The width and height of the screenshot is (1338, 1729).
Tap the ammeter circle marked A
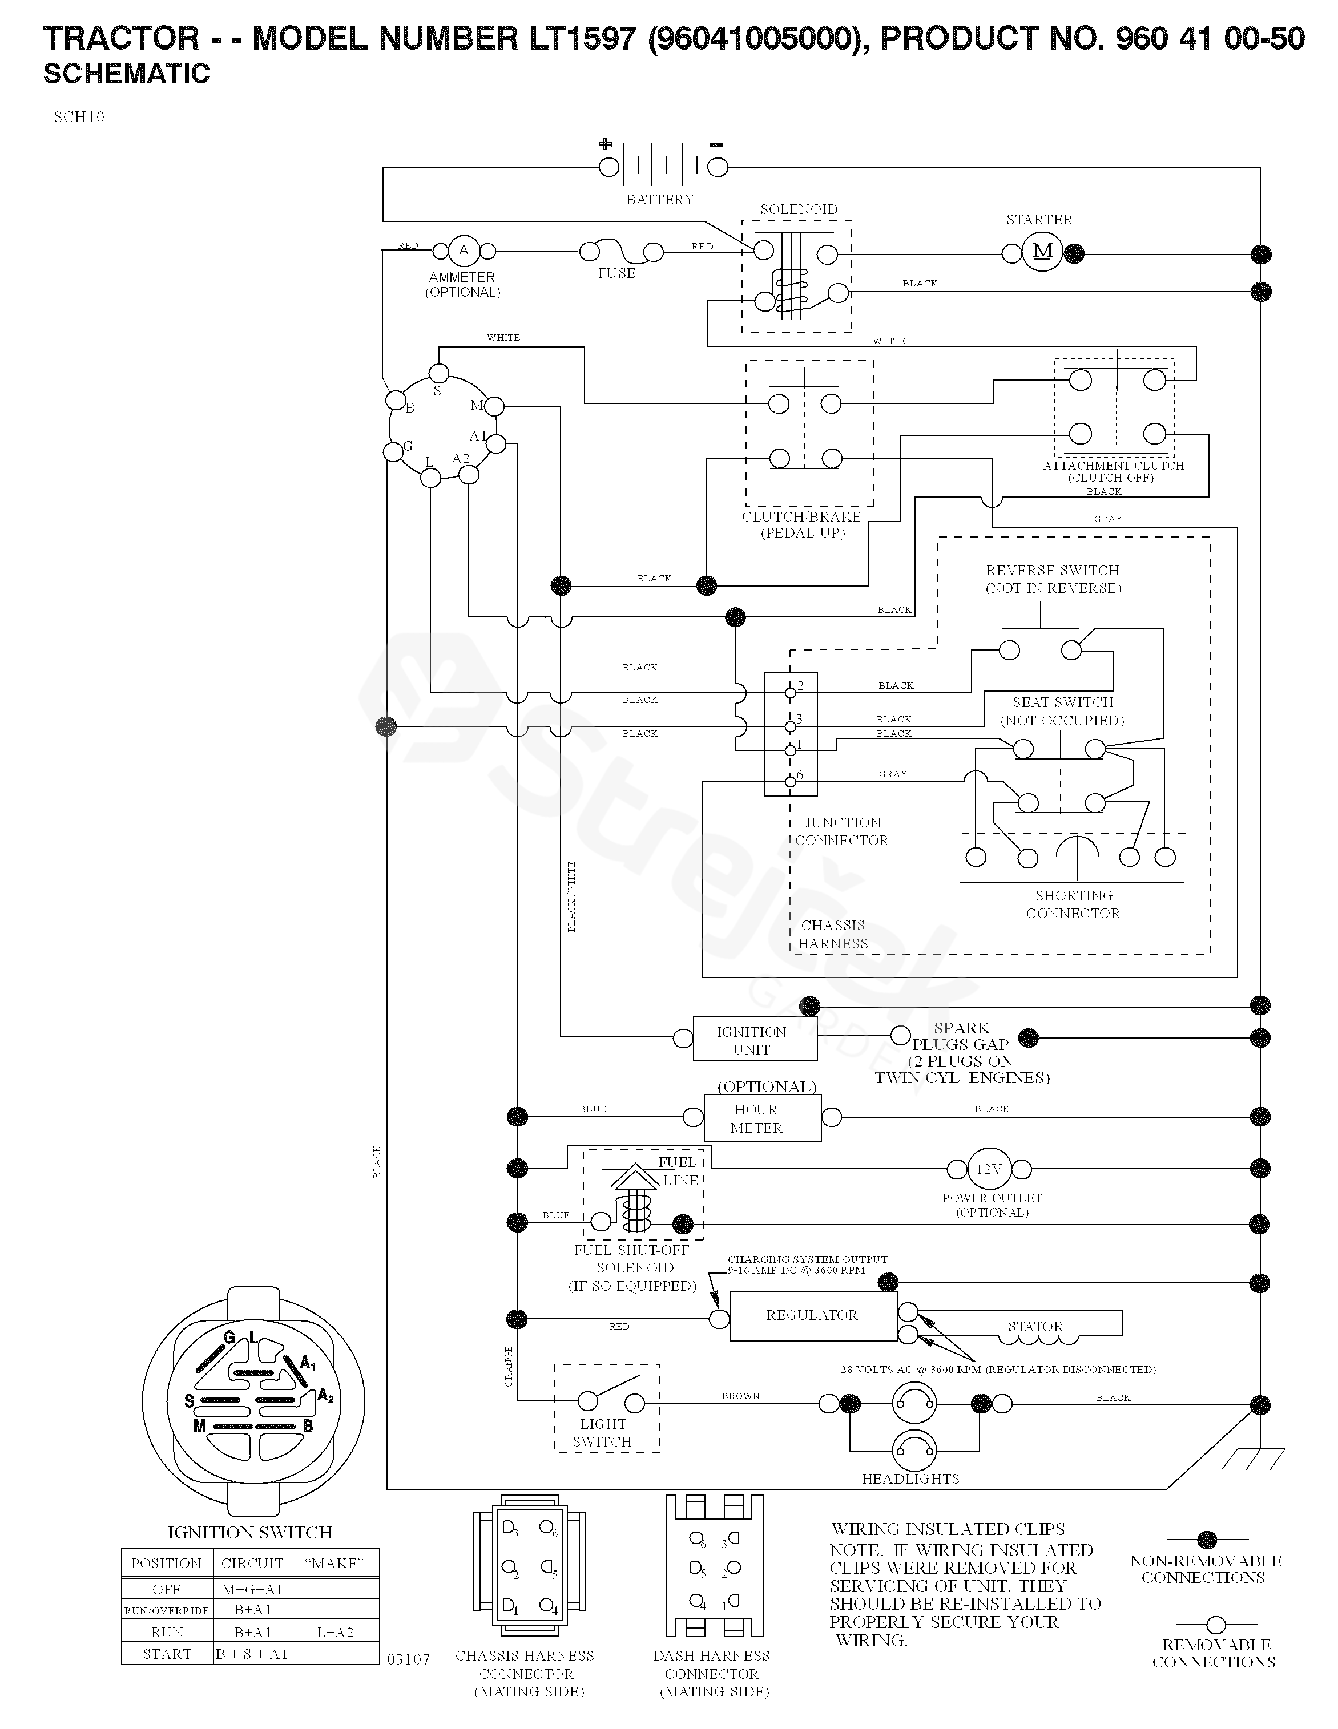[x=463, y=251]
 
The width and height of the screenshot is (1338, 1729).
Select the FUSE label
[x=616, y=273]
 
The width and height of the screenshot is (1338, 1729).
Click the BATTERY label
[x=659, y=200]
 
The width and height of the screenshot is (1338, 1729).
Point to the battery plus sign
[x=605, y=144]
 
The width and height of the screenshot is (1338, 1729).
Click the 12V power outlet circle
[x=989, y=1169]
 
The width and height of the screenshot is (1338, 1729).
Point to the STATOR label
[x=1035, y=1326]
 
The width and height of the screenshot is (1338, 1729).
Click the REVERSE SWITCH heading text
[x=1052, y=571]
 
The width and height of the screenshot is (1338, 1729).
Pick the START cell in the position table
[x=167, y=1654]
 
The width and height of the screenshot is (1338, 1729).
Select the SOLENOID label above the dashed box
[x=798, y=209]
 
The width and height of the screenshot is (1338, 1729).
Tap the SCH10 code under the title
[x=79, y=117]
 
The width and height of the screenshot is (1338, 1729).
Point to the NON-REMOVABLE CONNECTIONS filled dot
[x=1207, y=1540]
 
